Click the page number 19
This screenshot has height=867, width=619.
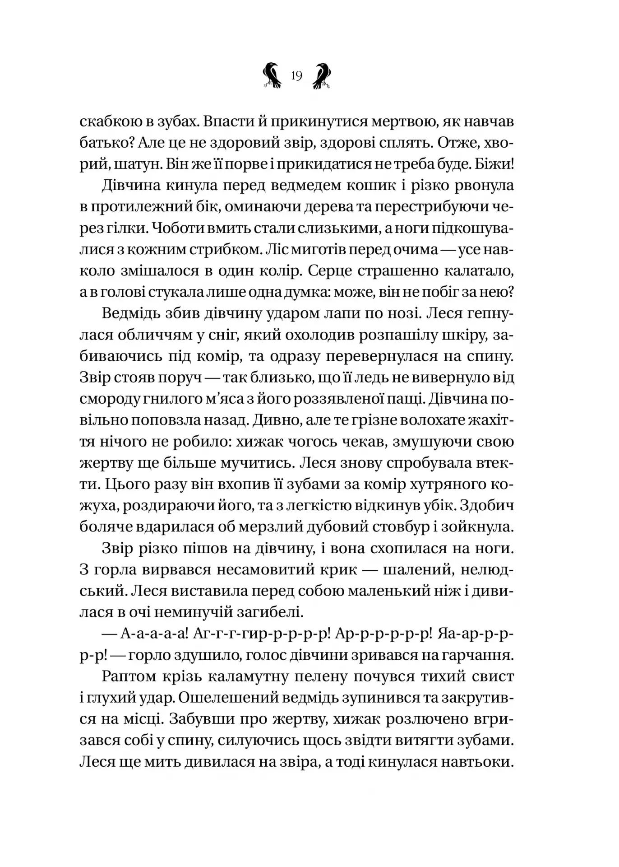(296, 76)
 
